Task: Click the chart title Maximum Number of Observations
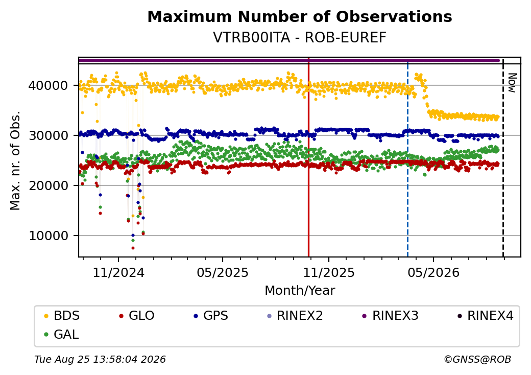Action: pyautogui.click(x=300, y=16)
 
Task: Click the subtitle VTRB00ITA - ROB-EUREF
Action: pyautogui.click(x=300, y=38)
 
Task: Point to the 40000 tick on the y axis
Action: pyautogui.click(x=48, y=85)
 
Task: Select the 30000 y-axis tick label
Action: pyautogui.click(x=48, y=135)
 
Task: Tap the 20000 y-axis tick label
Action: pyautogui.click(x=48, y=185)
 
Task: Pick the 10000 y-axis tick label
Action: pyautogui.click(x=48, y=236)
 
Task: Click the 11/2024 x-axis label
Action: pyautogui.click(x=118, y=273)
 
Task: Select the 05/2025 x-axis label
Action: pyautogui.click(x=223, y=273)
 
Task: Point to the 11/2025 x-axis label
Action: pyautogui.click(x=328, y=273)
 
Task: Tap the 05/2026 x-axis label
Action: pyautogui.click(x=433, y=273)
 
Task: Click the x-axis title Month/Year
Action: pyautogui.click(x=300, y=291)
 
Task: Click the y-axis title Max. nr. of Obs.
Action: pyautogui.click(x=15, y=160)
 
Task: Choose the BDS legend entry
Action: pyautogui.click(x=62, y=316)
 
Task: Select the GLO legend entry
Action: pyautogui.click(x=136, y=316)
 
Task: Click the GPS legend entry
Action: pyautogui.click(x=211, y=316)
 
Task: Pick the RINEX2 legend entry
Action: pyautogui.click(x=295, y=316)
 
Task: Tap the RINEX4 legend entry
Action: pyautogui.click(x=485, y=316)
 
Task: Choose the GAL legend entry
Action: pyautogui.click(x=62, y=334)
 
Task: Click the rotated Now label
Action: pyautogui.click(x=513, y=83)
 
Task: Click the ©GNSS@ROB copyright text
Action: pyautogui.click(x=477, y=359)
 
